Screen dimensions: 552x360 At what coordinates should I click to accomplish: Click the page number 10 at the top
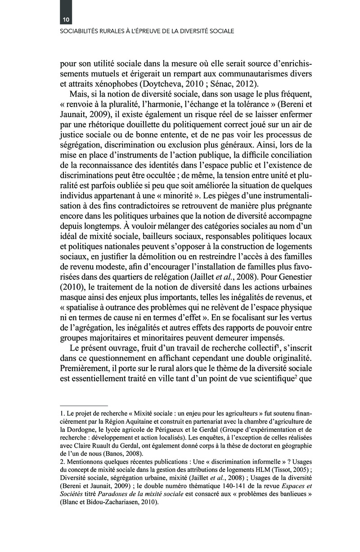[66, 20]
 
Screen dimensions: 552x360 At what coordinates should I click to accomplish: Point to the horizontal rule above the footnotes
[84, 405]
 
